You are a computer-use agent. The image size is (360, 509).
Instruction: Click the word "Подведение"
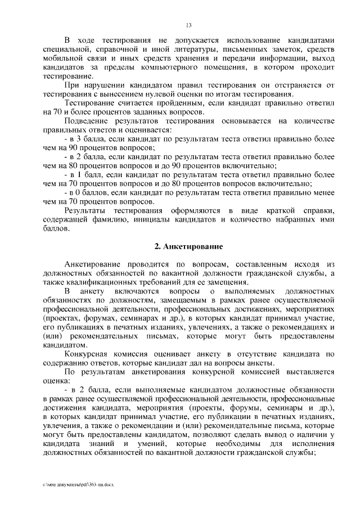87,120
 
